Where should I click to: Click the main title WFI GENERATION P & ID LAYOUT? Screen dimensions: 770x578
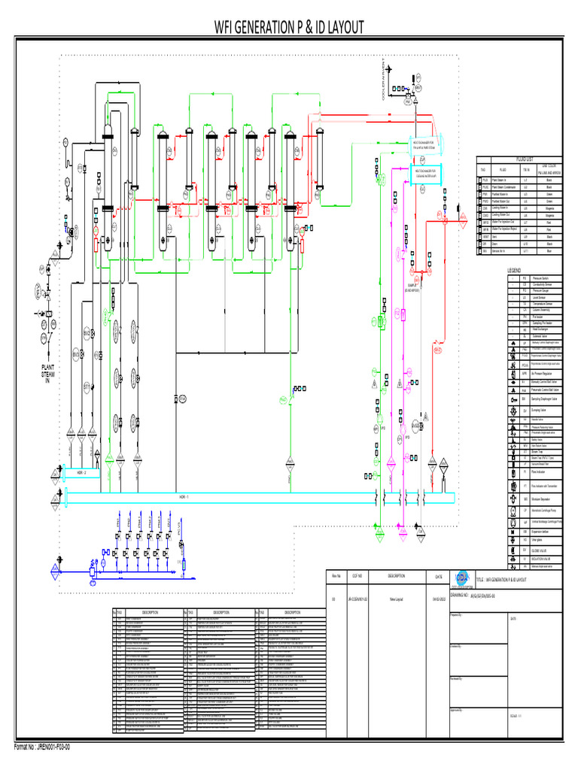pos(289,28)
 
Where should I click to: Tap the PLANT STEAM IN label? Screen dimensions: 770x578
pos(47,374)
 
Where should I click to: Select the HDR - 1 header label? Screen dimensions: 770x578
pos(183,497)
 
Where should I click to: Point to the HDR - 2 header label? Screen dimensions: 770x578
pos(82,473)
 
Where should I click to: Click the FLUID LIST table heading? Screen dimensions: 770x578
pos(524,159)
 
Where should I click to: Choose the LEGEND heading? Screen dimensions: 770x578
pos(514,270)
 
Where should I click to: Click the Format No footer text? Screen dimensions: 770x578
pos(43,747)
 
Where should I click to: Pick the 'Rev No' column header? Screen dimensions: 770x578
pos(336,577)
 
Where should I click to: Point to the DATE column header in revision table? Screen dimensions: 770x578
pos(438,577)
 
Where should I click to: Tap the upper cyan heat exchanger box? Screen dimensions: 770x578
pos(426,144)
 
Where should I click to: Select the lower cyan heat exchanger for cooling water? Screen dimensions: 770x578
pos(426,172)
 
